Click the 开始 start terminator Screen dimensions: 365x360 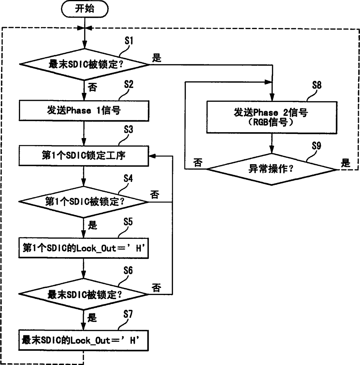pyautogui.click(x=84, y=9)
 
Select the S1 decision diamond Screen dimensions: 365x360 pyautogui.click(x=84, y=64)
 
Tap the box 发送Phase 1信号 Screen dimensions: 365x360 pyautogui.click(x=84, y=111)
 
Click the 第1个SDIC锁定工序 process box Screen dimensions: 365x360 pyautogui.click(x=84, y=155)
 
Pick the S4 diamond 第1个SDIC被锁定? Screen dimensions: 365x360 pyautogui.click(x=84, y=202)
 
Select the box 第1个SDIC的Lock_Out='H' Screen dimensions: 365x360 pyautogui.click(x=84, y=248)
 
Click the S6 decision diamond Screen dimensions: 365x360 pyautogui.click(x=84, y=295)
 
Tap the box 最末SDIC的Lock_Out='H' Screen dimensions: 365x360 pyautogui.click(x=84, y=340)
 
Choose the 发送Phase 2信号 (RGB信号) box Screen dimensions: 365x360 pyautogui.click(x=272, y=117)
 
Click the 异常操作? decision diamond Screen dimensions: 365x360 pyautogui.click(x=272, y=169)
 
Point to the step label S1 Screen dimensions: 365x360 pyautogui.click(x=129, y=41)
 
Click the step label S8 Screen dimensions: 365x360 pyautogui.click(x=317, y=85)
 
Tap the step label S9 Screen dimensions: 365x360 pyautogui.click(x=316, y=146)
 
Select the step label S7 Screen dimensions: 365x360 pyautogui.click(x=128, y=314)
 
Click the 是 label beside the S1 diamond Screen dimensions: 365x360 pyautogui.click(x=157, y=58)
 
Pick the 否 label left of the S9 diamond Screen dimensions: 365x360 pyautogui.click(x=198, y=163)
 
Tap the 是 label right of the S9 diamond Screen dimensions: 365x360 pyautogui.click(x=345, y=163)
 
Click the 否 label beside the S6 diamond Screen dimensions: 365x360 pyautogui.click(x=156, y=288)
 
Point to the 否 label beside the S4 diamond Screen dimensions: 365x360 pyautogui.click(x=155, y=194)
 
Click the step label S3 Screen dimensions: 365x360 pyautogui.click(x=128, y=130)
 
